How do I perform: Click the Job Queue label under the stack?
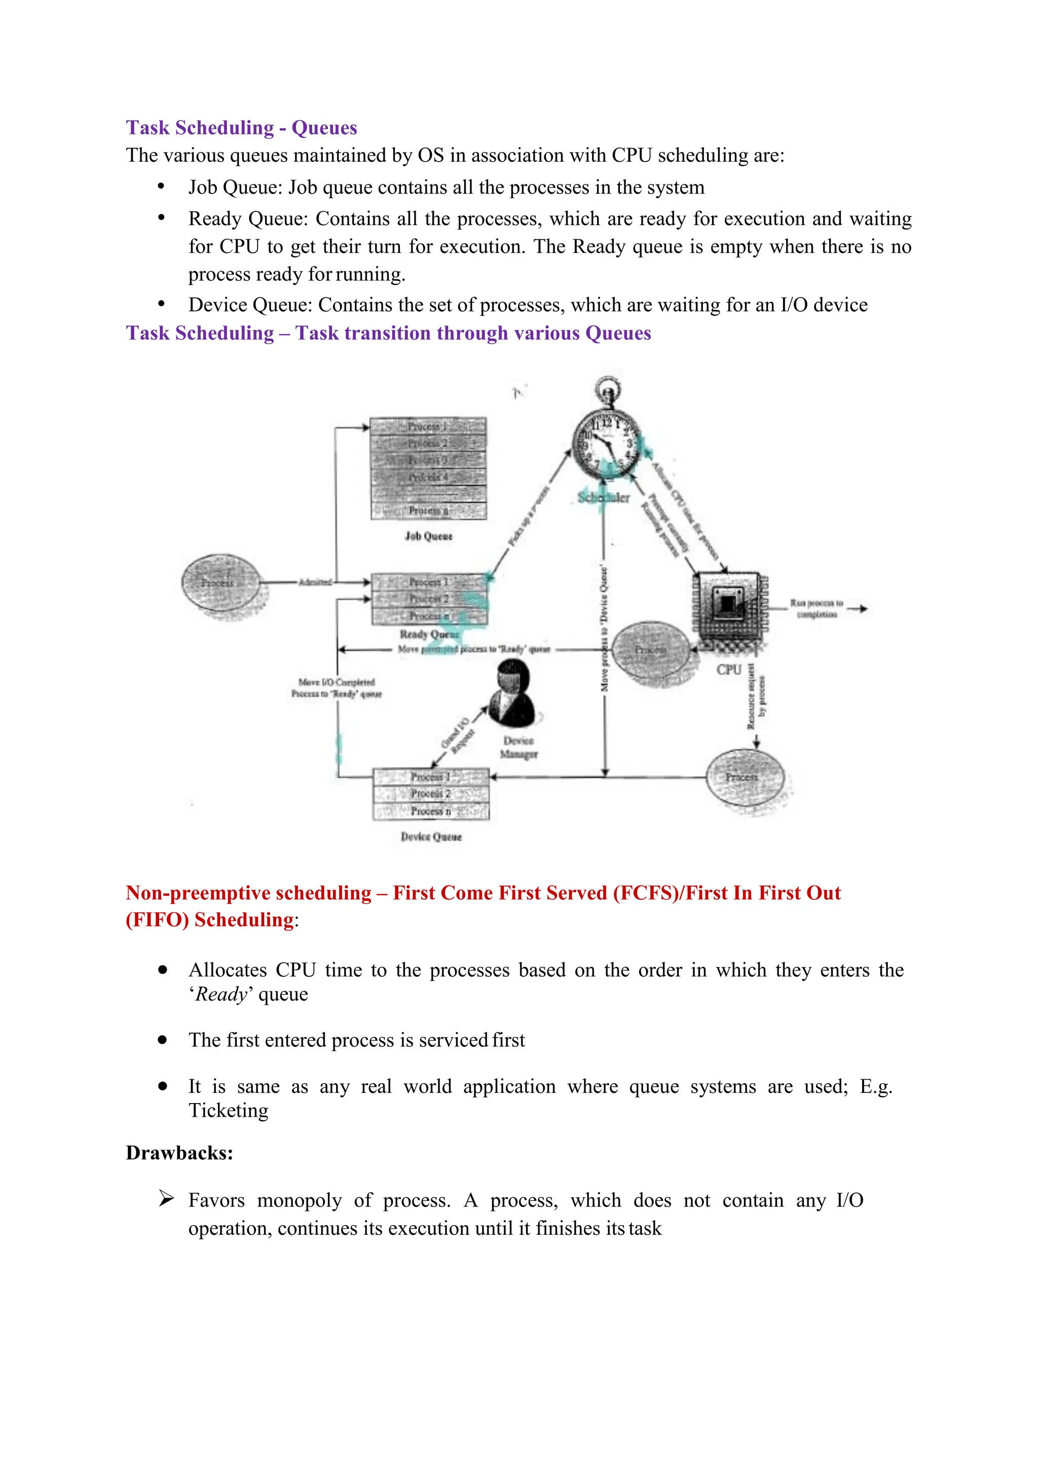428,536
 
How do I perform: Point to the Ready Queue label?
429,634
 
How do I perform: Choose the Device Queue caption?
431,836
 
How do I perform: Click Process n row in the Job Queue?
428,510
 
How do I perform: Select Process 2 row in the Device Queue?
431,793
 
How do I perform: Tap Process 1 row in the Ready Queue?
429,582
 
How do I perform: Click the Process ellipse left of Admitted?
220,582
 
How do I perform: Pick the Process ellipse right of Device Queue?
745,777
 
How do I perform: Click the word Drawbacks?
179,1153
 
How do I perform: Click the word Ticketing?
228,1111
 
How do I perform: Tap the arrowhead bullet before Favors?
166,1199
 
